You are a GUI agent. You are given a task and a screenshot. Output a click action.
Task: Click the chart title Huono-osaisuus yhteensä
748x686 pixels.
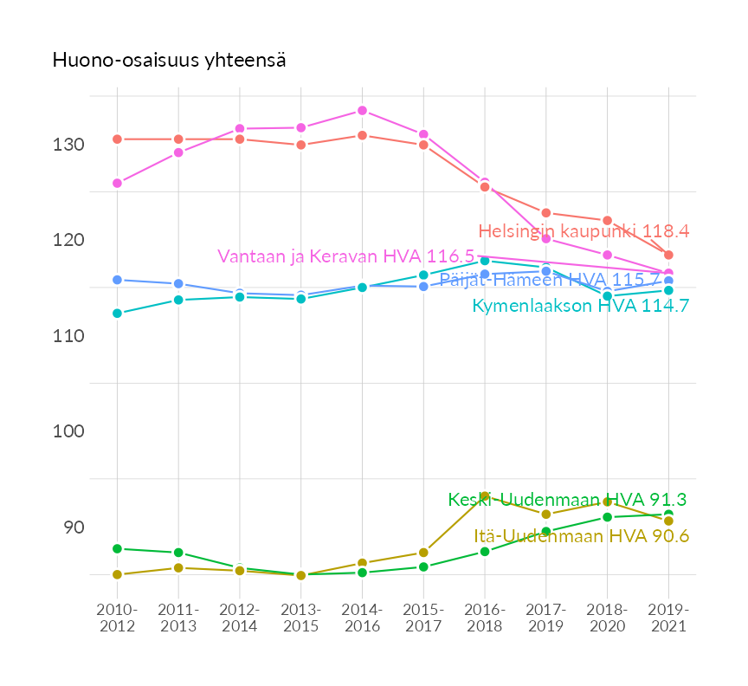point(170,61)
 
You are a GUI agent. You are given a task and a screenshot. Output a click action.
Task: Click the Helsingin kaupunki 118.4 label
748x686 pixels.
point(583,231)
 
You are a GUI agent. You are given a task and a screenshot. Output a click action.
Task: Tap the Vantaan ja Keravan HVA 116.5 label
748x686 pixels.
point(345,256)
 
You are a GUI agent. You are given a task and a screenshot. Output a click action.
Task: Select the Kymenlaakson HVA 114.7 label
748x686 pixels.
point(580,306)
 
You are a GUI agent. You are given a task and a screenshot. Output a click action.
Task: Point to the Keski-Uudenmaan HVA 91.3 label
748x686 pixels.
point(567,500)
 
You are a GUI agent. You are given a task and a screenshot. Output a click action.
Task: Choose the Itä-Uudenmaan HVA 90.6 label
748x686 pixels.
point(582,536)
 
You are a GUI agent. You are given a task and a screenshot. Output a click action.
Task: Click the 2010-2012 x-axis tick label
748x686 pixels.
point(117,617)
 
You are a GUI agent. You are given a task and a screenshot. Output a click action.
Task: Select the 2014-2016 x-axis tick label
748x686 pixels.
point(362,617)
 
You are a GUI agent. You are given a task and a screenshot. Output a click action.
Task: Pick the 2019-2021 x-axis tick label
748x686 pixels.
point(668,617)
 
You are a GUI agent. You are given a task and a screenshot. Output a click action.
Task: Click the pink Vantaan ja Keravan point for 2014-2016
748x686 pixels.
point(362,111)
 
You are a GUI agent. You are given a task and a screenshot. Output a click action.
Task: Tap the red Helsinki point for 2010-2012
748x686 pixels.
point(117,139)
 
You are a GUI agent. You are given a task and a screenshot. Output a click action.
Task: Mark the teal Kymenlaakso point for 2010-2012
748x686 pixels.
point(117,314)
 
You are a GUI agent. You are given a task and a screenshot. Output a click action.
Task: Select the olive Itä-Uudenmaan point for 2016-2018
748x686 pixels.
point(485,497)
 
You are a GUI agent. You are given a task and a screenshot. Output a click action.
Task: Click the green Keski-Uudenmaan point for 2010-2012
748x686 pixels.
point(117,548)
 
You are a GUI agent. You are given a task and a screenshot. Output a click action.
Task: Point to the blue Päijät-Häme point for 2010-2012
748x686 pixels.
point(117,280)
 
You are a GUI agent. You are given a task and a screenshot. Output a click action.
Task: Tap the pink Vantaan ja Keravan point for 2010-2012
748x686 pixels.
point(117,184)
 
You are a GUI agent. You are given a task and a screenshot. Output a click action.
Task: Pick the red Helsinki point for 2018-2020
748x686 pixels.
point(607,221)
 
